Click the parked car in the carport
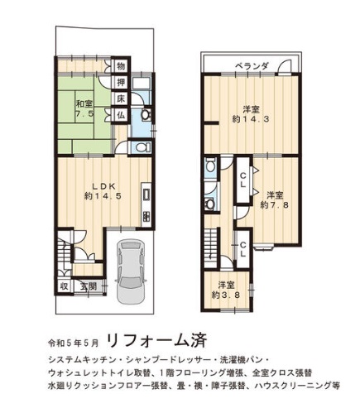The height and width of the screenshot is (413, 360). pos(130,271)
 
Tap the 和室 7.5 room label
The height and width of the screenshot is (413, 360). pos(85,108)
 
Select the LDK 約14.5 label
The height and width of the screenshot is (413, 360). pos(103,191)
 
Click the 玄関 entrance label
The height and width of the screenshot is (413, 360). pos(89,286)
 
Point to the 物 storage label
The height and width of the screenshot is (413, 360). pos(121,66)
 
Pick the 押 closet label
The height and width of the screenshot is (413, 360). pos(121,82)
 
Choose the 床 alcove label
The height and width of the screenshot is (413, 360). pos(121,99)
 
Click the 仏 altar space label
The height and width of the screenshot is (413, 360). pos(121,115)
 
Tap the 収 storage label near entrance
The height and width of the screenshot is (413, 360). pos(65,286)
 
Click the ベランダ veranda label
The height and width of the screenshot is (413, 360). pos(252,66)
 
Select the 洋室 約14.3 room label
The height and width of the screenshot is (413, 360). pos(251,114)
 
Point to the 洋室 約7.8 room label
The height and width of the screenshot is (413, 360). pos(275,200)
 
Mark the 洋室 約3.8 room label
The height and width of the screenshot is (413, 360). pos(226,290)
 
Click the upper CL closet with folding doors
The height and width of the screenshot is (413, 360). pos(242,180)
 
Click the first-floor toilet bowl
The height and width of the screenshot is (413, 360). pos(142,147)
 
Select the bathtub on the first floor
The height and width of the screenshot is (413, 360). pos(141,82)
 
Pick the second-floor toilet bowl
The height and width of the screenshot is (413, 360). pos(210,166)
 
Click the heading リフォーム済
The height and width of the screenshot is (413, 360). pos(156,341)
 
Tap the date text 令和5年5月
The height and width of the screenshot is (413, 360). pos(73,343)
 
